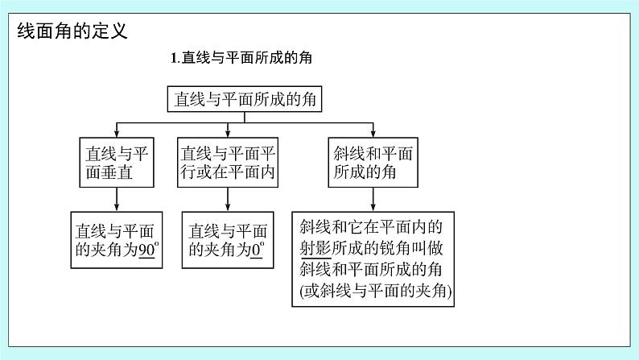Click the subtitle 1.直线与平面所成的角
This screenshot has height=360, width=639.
pos(242,58)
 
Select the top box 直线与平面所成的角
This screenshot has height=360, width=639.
pos(245,99)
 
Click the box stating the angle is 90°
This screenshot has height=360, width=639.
pos(117,238)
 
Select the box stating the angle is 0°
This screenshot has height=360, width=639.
pos(228,238)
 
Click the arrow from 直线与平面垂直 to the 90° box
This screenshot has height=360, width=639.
pos(117,198)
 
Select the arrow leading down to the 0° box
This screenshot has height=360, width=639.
pos(228,198)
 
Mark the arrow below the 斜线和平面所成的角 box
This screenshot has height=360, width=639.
pos(373,198)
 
